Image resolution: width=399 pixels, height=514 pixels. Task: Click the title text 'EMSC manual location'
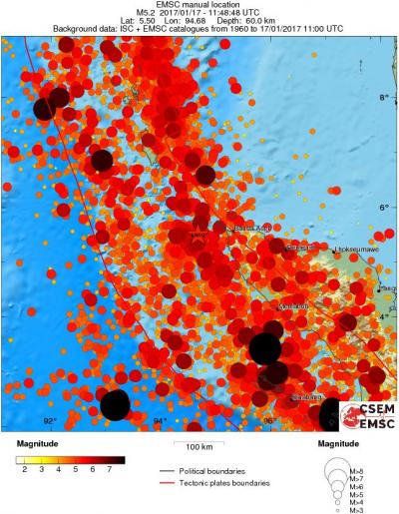[x=199, y=5]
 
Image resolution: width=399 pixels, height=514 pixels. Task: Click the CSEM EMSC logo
[x=363, y=415]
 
